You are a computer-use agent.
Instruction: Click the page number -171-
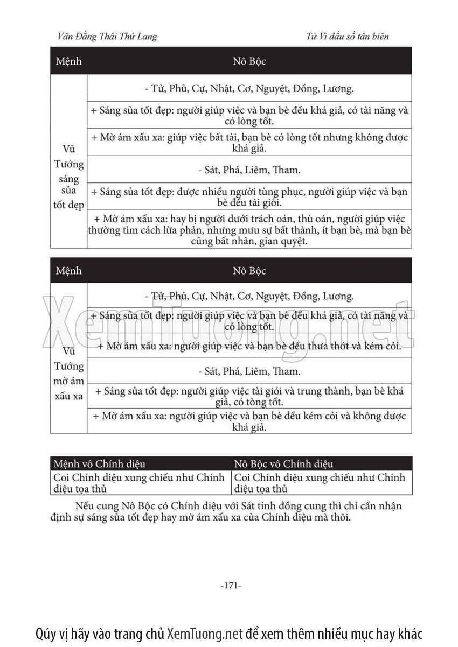[x=231, y=585]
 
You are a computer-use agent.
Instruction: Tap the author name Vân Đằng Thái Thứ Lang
[x=107, y=37]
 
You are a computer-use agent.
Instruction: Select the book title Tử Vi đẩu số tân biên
[x=347, y=37]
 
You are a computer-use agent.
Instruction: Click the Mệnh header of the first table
[x=69, y=61]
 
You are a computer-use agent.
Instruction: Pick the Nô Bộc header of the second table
[x=249, y=270]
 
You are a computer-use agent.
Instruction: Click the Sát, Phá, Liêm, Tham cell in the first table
[x=249, y=170]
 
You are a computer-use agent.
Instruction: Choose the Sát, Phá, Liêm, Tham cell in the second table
[x=249, y=371]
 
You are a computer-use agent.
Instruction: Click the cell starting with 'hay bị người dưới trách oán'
[x=249, y=230]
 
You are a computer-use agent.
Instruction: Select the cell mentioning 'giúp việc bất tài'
[x=249, y=143]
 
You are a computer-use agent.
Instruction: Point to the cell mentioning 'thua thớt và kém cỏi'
[x=249, y=346]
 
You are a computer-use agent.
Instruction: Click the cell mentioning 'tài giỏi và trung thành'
[x=249, y=396]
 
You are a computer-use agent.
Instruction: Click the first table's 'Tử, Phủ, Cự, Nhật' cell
[x=249, y=88]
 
